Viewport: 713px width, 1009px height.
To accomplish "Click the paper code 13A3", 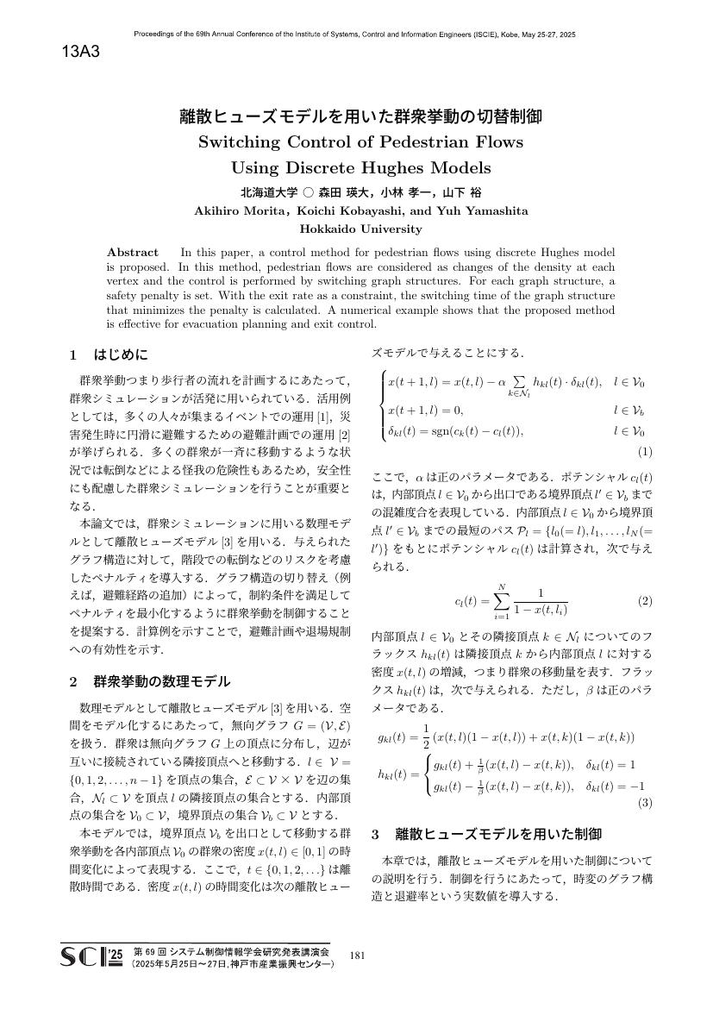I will [x=82, y=53].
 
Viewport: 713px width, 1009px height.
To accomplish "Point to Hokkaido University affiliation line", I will [x=360, y=229].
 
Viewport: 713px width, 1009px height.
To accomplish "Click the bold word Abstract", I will [x=133, y=252].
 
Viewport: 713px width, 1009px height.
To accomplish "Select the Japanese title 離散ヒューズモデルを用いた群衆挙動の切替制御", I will [x=360, y=116].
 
